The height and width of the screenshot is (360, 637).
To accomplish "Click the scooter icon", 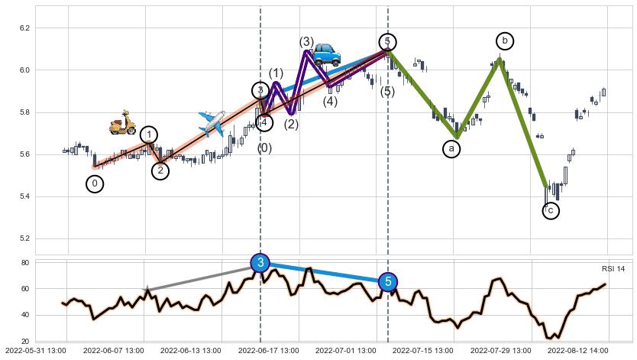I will point(122,122).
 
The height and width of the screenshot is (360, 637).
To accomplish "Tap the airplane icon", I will point(212,122).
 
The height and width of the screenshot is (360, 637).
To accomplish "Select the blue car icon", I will point(326,54).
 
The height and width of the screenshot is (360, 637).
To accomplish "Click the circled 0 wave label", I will point(95,184).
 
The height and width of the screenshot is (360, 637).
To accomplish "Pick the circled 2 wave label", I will point(160,171).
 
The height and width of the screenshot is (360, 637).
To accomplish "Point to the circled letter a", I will point(451,149).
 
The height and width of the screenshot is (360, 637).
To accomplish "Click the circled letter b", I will point(504,41).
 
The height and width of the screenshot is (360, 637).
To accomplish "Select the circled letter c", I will point(551,211).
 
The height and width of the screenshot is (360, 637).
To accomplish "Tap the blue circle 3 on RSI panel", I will point(260,263).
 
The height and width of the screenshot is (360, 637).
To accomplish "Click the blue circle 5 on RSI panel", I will point(388,283).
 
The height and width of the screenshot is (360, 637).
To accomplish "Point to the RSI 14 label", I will point(613,268).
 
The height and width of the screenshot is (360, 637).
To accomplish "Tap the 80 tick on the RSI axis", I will point(24,263).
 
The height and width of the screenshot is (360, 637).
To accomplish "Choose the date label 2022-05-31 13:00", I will point(36,351).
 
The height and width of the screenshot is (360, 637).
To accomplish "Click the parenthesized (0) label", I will point(264,148).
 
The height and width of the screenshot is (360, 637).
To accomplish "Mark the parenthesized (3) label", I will point(306,42).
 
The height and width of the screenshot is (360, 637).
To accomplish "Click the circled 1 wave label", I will point(149,135).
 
